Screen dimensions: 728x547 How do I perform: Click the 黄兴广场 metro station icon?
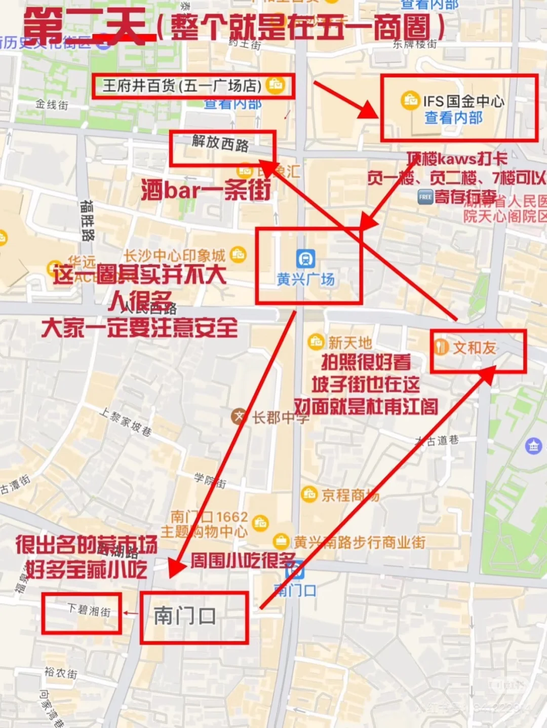305,258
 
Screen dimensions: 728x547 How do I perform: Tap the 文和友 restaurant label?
474,348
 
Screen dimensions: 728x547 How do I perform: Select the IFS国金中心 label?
463,101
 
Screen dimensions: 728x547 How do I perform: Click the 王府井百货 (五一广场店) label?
182,86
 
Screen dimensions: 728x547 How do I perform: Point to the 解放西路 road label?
220,143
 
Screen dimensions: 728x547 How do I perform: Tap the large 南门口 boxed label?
185,616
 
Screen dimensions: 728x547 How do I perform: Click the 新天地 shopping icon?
316,341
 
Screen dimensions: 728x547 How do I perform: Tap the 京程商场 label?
349,495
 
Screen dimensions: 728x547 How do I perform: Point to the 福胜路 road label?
87,221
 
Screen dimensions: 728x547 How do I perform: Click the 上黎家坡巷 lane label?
125,422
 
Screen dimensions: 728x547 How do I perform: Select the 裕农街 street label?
61,673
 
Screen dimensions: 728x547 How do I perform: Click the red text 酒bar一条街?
206,190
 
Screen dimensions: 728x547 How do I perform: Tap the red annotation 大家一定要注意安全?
140,328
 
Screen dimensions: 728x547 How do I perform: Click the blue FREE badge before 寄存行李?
425,197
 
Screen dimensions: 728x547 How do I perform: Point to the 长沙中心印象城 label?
175,255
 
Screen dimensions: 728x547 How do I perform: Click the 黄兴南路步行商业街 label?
360,543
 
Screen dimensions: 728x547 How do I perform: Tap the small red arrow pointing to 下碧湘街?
131,614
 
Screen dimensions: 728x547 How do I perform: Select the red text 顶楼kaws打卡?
457,159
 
